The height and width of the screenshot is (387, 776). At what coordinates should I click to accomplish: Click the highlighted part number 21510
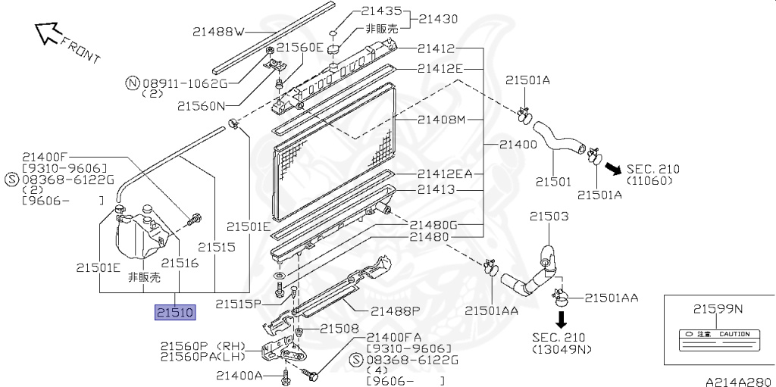click(176, 312)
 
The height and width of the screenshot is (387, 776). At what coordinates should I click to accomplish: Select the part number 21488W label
click(218, 32)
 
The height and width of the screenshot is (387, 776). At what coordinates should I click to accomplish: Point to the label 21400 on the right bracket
click(519, 145)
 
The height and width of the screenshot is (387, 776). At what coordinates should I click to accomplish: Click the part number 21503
click(549, 217)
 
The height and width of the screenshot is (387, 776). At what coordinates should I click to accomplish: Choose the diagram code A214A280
click(739, 381)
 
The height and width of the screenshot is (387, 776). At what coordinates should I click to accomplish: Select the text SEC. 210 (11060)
click(652, 175)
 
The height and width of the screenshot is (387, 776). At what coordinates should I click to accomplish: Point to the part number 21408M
click(440, 120)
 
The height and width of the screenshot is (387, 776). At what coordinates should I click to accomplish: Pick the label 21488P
click(395, 311)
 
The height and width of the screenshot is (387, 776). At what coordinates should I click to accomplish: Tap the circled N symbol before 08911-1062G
click(132, 83)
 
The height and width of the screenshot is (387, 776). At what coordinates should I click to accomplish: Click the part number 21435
click(382, 11)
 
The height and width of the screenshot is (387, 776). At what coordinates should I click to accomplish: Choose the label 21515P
click(238, 304)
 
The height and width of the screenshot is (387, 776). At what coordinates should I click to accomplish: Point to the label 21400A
click(241, 375)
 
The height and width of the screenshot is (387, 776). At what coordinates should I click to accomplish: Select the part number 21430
click(440, 19)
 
